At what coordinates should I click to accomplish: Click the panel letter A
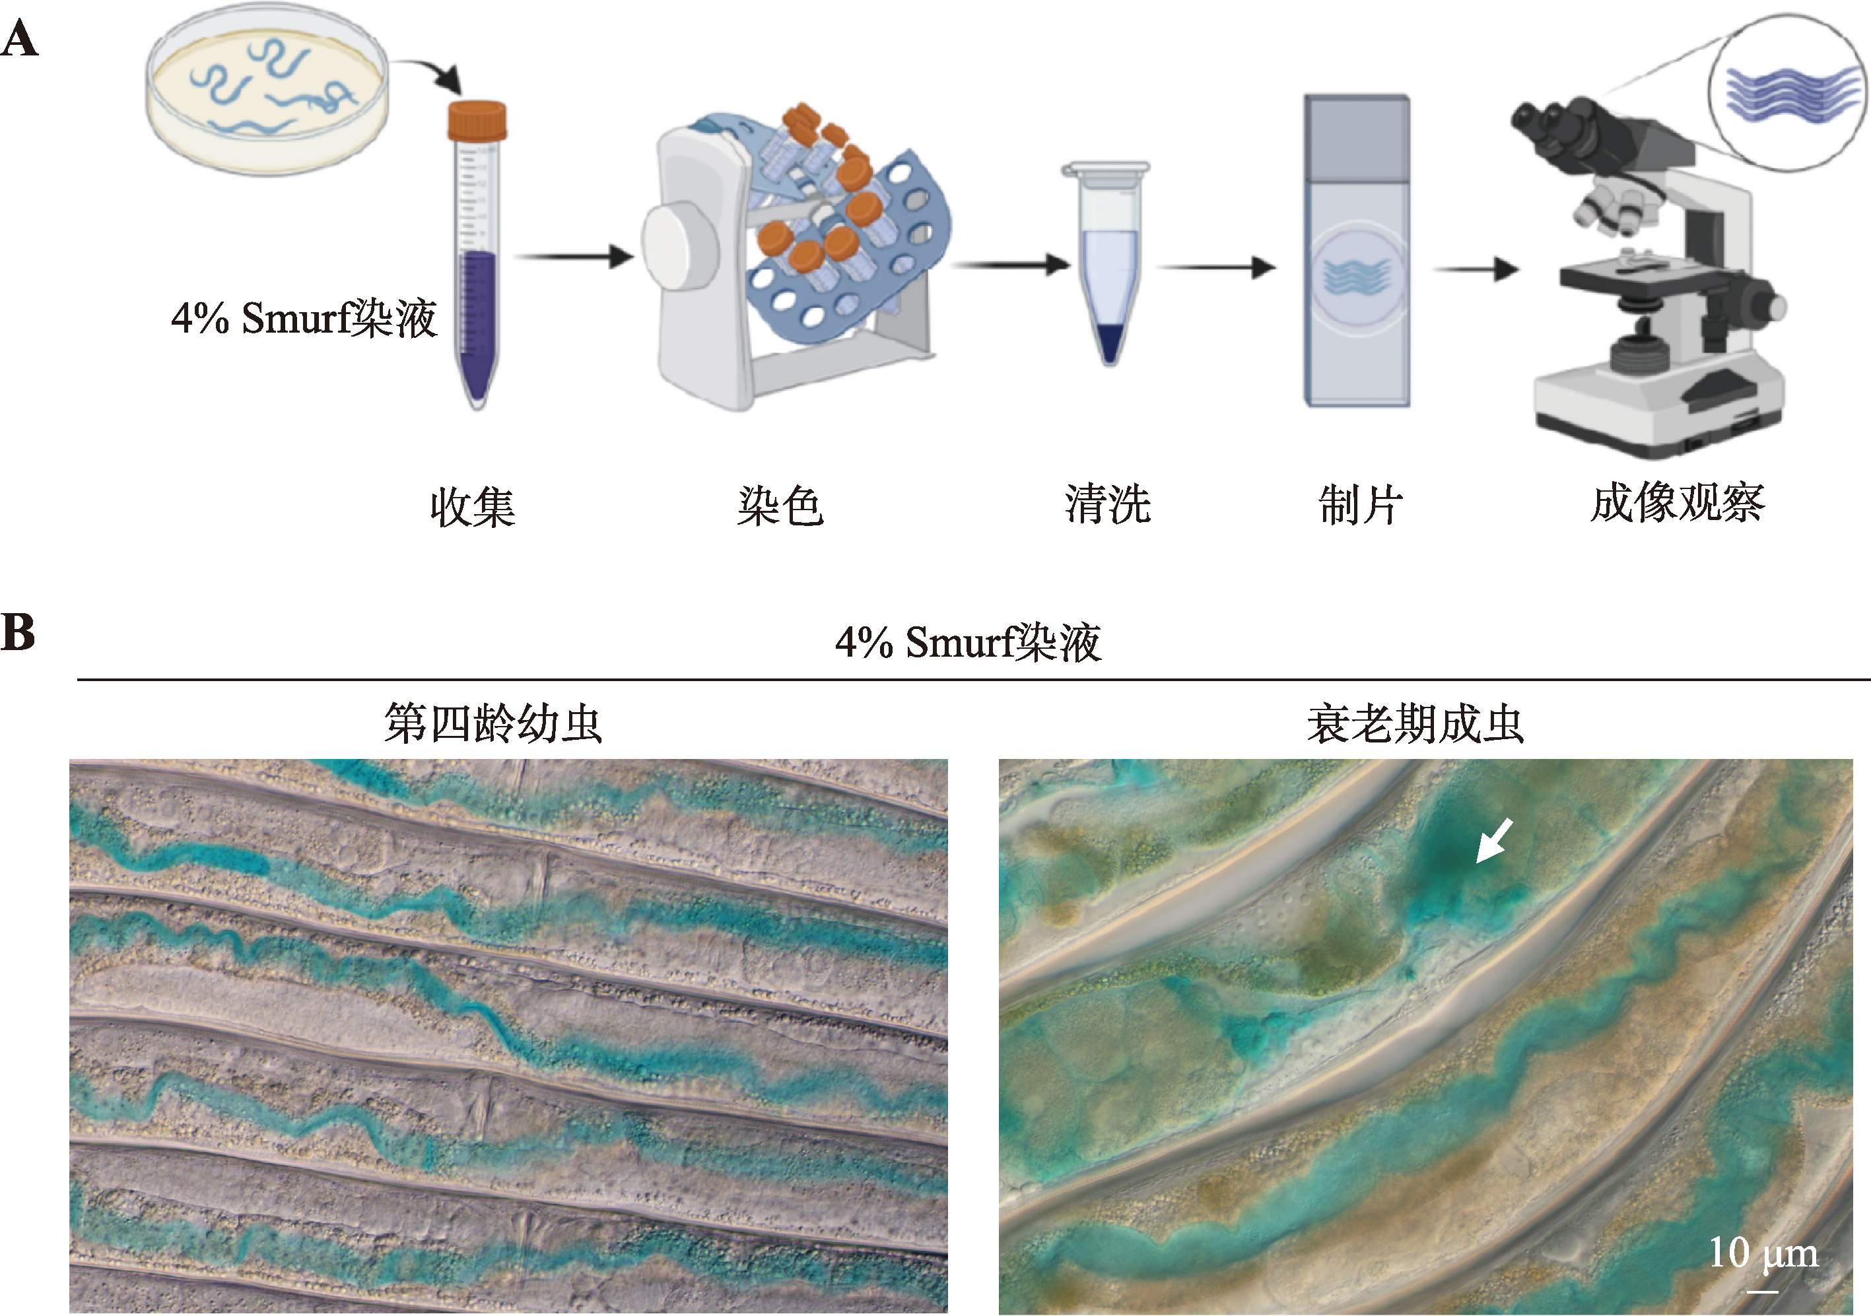tap(20, 39)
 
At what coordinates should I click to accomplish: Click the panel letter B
tap(18, 632)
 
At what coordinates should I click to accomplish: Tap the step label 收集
tap(472, 507)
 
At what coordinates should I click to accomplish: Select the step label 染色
tap(780, 506)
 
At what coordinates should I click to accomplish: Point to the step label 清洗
tap(1107, 504)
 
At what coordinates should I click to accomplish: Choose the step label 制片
tap(1360, 505)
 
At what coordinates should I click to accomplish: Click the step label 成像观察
tap(1678, 502)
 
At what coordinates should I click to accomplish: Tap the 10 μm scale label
tap(1763, 1253)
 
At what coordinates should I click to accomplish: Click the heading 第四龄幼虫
tap(493, 723)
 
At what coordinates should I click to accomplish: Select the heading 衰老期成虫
tap(1415, 723)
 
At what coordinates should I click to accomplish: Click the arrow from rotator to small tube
tap(1011, 265)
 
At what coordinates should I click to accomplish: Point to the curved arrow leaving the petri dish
tap(432, 73)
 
